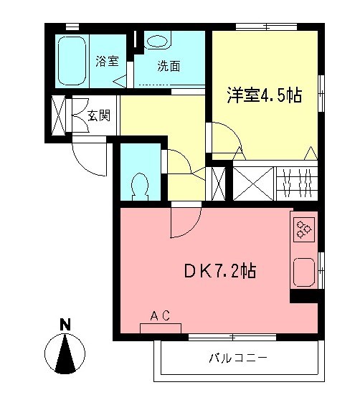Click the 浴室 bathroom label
click(108, 61)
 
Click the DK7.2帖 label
click(220, 272)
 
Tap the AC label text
click(159, 315)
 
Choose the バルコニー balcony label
click(239, 357)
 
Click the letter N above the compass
click(65, 324)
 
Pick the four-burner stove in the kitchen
click(303, 229)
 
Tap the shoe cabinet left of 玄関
click(59, 115)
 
